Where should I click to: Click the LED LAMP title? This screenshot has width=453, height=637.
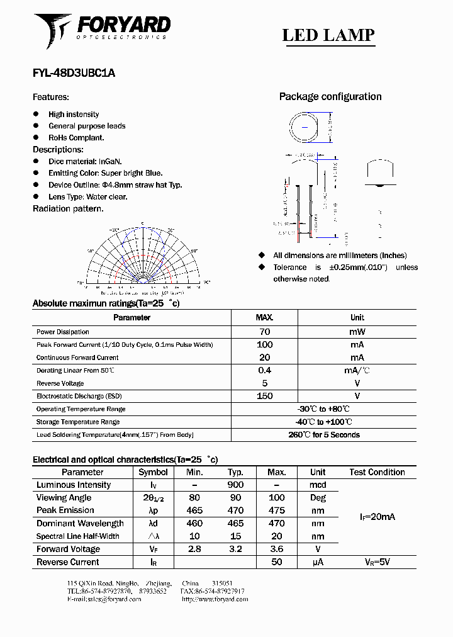(x=328, y=35)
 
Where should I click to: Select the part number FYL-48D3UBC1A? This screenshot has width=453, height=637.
(x=74, y=72)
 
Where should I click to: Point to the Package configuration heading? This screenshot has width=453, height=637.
(x=330, y=96)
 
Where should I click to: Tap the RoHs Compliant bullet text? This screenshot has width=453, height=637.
(x=76, y=137)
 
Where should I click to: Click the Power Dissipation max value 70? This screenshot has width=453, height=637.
(x=264, y=332)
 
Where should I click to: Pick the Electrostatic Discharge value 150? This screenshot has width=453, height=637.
(x=264, y=396)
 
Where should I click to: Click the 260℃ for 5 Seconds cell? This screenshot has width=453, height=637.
(x=323, y=435)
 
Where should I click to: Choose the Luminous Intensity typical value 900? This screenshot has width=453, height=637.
(x=235, y=485)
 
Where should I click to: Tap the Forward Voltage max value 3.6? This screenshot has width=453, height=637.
(x=276, y=549)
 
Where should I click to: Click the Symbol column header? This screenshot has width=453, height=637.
(x=153, y=472)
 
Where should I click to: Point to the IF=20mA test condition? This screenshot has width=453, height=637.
(x=377, y=517)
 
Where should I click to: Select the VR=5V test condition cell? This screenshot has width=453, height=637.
(x=377, y=562)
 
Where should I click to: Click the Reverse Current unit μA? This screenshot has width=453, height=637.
(x=318, y=562)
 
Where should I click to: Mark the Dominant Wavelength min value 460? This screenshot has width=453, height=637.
(x=195, y=523)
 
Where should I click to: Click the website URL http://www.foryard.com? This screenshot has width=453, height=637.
(x=215, y=599)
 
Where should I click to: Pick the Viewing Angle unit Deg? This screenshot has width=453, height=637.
(x=318, y=497)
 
